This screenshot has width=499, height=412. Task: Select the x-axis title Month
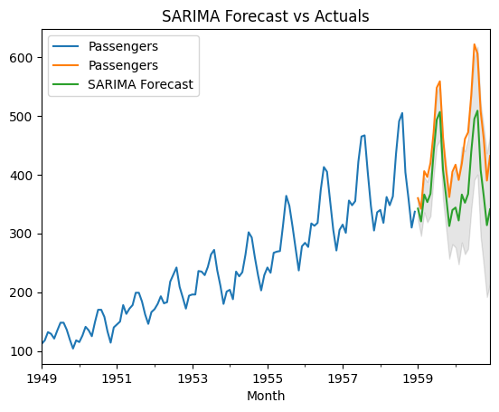(x=266, y=396)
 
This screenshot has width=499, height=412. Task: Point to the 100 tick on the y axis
(x=22, y=351)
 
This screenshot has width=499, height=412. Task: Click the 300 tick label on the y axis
(x=22, y=234)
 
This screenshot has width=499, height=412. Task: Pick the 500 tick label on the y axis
(x=22, y=117)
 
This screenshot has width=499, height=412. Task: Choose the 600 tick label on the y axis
(x=22, y=58)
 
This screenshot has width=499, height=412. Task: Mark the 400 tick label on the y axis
(x=22, y=175)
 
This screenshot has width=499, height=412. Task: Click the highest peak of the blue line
(x=402, y=113)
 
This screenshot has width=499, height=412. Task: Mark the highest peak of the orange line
(x=474, y=44)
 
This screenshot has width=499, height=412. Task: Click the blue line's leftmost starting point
(x=42, y=344)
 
